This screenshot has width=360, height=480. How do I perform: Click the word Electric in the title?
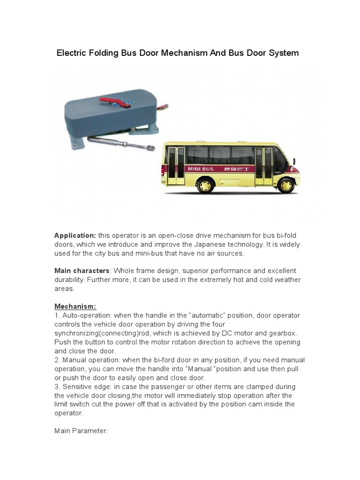click(73, 53)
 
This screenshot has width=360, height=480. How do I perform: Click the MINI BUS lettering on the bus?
click(201, 169)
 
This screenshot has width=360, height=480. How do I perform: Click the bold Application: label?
click(75, 235)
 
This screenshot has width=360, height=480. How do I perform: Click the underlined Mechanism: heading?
click(75, 307)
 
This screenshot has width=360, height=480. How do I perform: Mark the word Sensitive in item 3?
click(78, 387)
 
